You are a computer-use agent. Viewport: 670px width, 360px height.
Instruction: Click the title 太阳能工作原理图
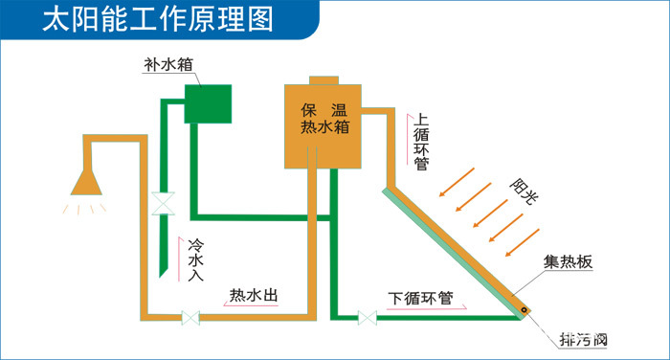[x=159, y=20]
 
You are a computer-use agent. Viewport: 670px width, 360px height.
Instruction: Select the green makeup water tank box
[x=208, y=103]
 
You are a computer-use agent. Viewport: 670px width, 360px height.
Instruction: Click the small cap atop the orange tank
[x=324, y=79]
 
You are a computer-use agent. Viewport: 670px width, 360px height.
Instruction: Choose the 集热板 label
[x=569, y=261]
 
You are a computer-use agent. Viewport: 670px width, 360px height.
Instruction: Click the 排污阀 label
[x=584, y=340]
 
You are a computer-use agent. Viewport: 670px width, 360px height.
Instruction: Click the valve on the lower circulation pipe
[x=365, y=316]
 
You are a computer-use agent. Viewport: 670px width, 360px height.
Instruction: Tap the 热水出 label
[x=254, y=296]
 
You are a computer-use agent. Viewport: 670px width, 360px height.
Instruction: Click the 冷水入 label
[x=195, y=259]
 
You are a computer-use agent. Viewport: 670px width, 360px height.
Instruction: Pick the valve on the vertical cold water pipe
[x=162, y=204]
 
